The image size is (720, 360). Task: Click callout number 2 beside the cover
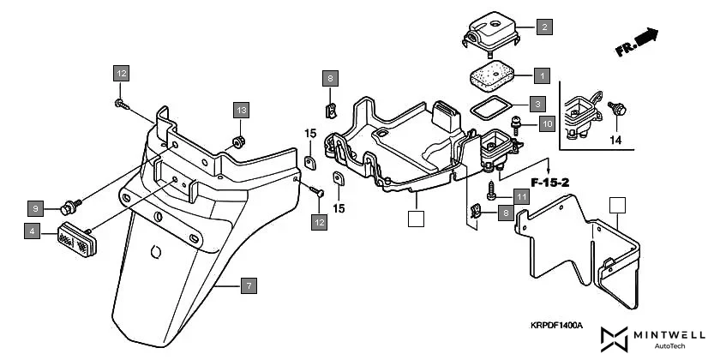coord(543,27)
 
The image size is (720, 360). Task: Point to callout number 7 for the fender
coord(248,285)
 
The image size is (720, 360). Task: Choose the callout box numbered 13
coord(241,110)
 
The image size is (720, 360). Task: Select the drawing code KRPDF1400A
coord(555,326)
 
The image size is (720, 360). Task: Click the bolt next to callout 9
coord(69,206)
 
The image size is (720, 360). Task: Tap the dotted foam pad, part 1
coord(490,76)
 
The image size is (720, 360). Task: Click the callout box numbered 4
coord(32,231)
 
